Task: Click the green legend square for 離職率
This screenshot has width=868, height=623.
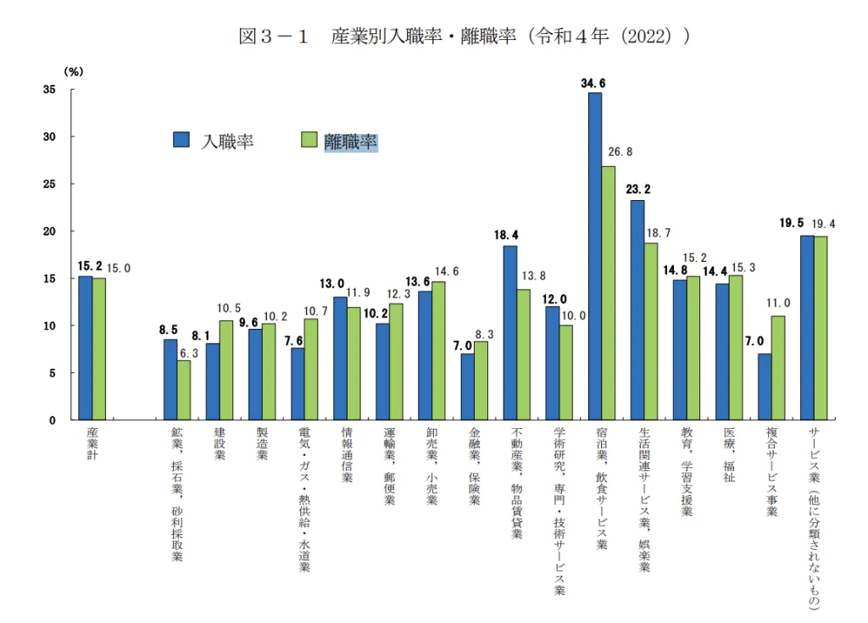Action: pyautogui.click(x=309, y=141)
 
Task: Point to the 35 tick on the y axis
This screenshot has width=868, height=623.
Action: pyautogui.click(x=50, y=89)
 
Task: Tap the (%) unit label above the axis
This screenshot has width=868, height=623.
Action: pyautogui.click(x=74, y=72)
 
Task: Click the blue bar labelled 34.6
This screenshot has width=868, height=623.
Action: pyautogui.click(x=594, y=254)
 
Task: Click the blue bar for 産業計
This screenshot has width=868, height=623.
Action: pyautogui.click(x=86, y=348)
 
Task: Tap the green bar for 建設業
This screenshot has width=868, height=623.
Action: pyautogui.click(x=226, y=370)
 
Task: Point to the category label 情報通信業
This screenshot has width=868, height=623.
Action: pyautogui.click(x=347, y=454)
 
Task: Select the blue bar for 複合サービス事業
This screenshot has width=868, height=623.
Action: pyautogui.click(x=765, y=387)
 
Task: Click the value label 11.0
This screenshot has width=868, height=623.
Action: pyautogui.click(x=778, y=303)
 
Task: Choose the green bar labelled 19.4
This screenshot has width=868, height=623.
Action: pyautogui.click(x=821, y=328)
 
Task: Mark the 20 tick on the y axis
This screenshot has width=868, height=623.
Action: pyautogui.click(x=50, y=231)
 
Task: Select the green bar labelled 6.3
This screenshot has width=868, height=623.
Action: pyautogui.click(x=184, y=390)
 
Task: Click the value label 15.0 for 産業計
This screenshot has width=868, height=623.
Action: pyautogui.click(x=120, y=269)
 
